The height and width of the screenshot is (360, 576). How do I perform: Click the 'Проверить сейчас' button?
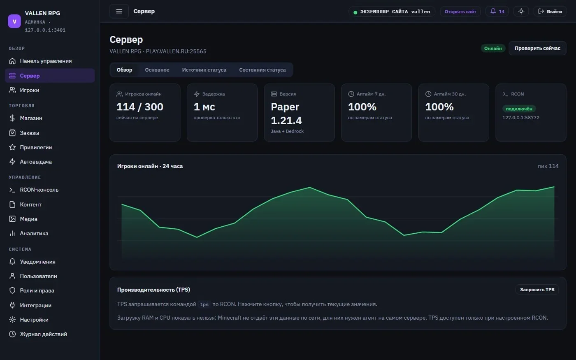click(537, 49)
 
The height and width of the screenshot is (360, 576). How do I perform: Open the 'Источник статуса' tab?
click(204, 70)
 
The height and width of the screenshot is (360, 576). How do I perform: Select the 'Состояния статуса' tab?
click(262, 70)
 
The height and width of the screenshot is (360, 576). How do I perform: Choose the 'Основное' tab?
click(157, 70)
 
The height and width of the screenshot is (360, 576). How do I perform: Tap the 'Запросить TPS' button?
click(537, 290)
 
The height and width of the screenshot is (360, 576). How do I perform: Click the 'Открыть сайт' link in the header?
click(460, 12)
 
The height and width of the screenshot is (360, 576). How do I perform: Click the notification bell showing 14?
click(497, 12)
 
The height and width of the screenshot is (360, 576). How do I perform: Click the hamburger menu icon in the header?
click(119, 12)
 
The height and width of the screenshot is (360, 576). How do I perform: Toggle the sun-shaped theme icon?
click(521, 12)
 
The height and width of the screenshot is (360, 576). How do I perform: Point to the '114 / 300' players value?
click(139, 107)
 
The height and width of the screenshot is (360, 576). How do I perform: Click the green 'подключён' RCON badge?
click(519, 109)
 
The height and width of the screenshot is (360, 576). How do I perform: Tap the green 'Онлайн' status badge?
click(493, 49)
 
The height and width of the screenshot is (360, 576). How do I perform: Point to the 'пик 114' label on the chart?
click(548, 166)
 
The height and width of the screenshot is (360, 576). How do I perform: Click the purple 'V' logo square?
click(14, 21)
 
